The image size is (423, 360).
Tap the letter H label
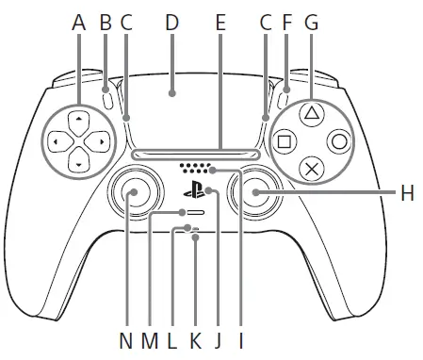click(406, 193)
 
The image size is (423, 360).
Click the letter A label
click(79, 20)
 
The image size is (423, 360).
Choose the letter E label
click(221, 20)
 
